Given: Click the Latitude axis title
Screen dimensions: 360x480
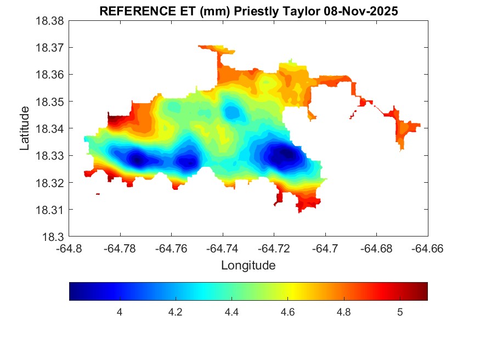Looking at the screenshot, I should pos(25,128).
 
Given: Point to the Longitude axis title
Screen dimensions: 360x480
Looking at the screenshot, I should pos(248,266).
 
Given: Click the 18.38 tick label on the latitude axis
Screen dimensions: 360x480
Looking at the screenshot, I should pos(50,21).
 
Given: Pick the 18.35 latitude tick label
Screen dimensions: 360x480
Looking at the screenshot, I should pos(50,102).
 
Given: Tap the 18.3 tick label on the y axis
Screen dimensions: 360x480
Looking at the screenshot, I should pos(53,237).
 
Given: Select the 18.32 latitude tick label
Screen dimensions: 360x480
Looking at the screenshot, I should pos(50,183).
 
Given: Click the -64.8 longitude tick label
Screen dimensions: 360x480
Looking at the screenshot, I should pos(70,249).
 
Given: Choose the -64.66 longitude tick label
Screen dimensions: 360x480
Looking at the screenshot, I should pos(427,249).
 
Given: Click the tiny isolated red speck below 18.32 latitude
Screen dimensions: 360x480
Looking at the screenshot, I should pos(98,194).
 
